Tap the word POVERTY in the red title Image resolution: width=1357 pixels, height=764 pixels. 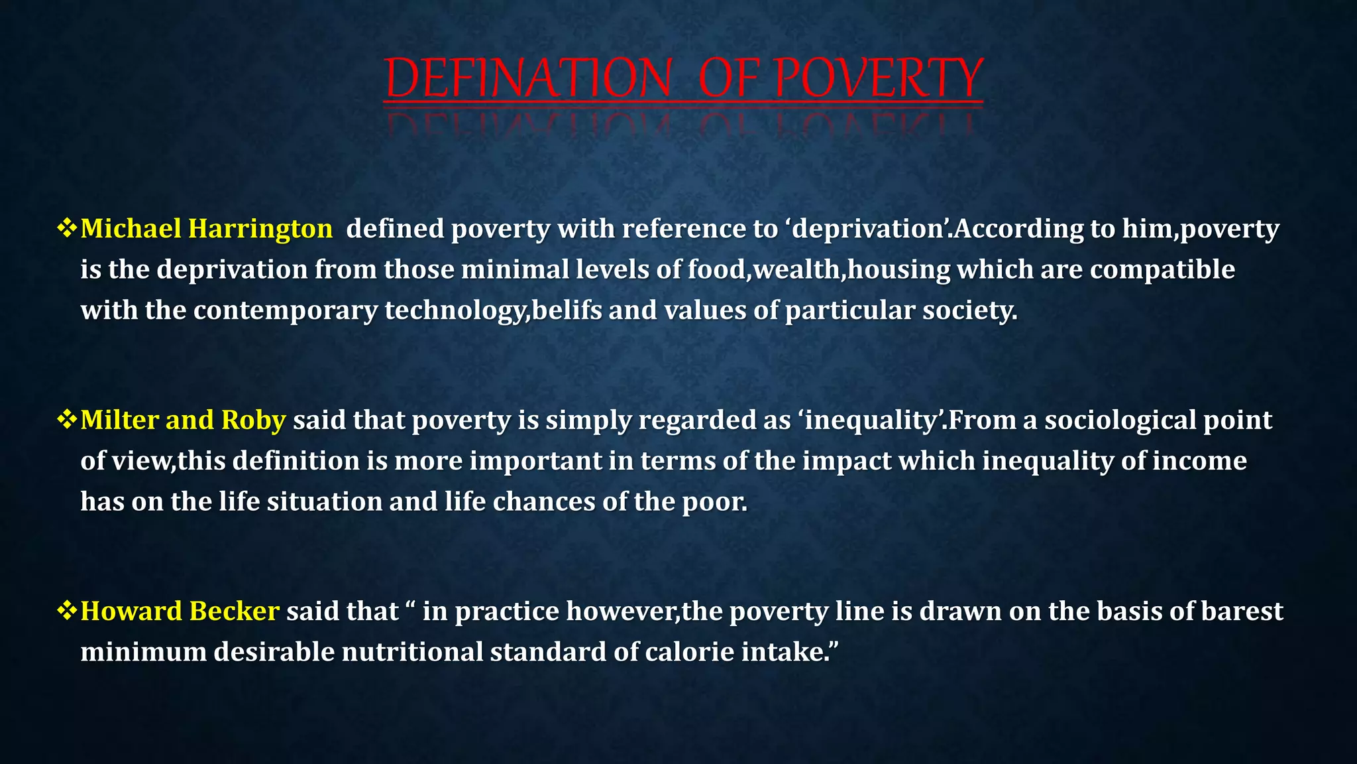point(879,78)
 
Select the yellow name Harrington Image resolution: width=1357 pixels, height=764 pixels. point(260,229)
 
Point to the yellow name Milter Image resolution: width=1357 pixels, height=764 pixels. point(119,420)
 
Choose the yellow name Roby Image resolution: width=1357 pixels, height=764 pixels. point(253,420)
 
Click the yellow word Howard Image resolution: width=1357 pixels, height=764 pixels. point(130,611)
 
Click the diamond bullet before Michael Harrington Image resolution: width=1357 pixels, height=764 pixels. point(67,229)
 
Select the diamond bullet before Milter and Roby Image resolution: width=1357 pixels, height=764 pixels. point(67,420)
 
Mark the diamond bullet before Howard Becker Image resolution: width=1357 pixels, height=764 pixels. point(67,611)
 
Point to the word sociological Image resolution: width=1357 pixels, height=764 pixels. point(1120,420)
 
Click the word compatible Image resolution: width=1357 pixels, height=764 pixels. point(1162,270)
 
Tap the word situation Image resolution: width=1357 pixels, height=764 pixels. point(324,501)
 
